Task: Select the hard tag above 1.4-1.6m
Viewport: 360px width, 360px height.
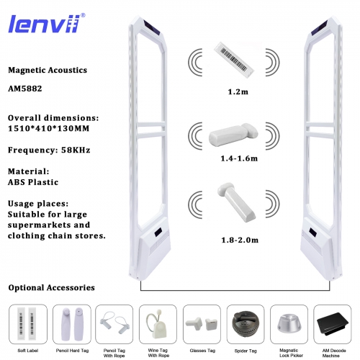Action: click(232, 134)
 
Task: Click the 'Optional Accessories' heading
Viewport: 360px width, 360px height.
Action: click(51, 287)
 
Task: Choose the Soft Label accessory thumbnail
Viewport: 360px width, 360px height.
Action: click(28, 319)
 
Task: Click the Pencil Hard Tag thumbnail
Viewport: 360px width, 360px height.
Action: click(71, 318)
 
